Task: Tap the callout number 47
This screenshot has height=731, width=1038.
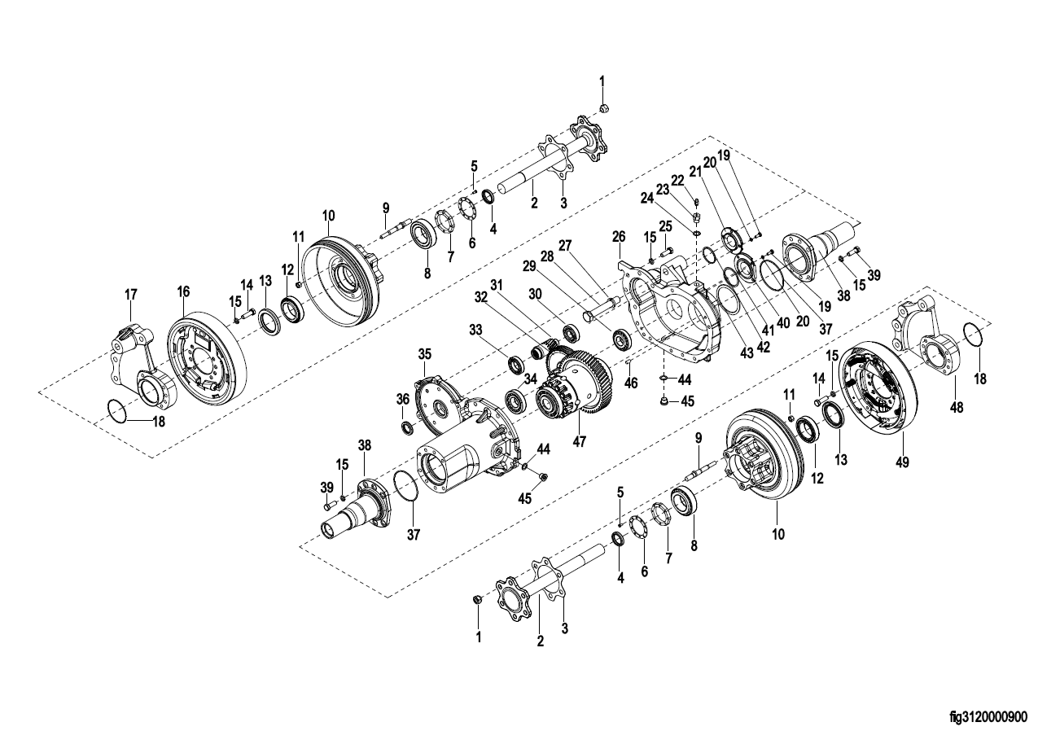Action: (x=579, y=441)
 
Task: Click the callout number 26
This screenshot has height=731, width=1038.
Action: (x=619, y=237)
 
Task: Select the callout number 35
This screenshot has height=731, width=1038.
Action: (x=424, y=354)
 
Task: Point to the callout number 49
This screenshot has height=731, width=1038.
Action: (x=902, y=462)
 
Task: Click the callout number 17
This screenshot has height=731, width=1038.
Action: (x=131, y=294)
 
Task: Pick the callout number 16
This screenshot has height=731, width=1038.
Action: (x=183, y=291)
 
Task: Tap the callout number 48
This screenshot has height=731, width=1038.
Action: (x=956, y=407)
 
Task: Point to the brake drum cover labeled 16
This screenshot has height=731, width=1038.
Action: (x=207, y=359)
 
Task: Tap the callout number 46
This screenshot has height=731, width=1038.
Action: (x=631, y=383)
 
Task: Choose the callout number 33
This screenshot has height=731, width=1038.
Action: (x=475, y=330)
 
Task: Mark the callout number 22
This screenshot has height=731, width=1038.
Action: (x=677, y=182)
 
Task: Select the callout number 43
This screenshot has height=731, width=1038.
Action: (x=747, y=353)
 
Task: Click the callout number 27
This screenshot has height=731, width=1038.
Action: (x=565, y=246)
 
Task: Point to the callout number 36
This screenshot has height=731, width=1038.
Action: (x=403, y=399)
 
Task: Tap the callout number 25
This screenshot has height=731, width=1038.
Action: (x=665, y=226)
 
